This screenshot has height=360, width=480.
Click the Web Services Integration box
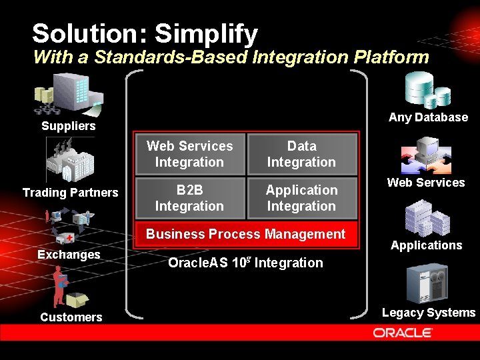click(189, 154)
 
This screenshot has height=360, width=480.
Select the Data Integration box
click(301, 154)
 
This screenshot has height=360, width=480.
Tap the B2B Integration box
click(189, 198)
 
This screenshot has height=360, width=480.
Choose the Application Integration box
click(301, 198)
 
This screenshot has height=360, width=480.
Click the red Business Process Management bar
click(246, 234)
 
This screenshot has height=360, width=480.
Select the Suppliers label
click(68, 126)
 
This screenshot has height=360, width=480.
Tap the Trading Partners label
click(70, 193)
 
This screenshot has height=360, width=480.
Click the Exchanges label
click(69, 255)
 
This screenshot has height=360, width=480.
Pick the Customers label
click(71, 317)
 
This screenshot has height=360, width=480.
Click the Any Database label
click(428, 117)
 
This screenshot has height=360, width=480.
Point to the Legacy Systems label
click(429, 313)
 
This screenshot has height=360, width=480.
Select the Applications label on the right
click(426, 245)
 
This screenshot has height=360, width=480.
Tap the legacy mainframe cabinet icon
click(427, 283)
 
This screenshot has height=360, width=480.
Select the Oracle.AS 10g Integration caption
click(245, 263)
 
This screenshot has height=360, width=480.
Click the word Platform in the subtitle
click(389, 57)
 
